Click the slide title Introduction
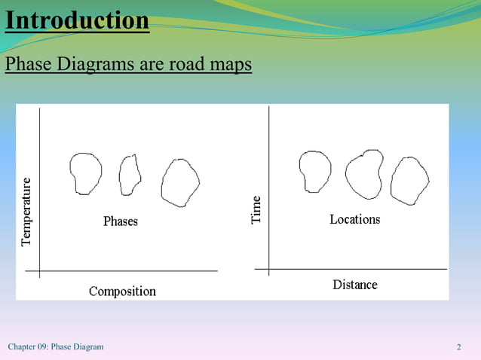click(x=77, y=20)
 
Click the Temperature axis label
click(x=27, y=212)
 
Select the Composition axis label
click(x=122, y=291)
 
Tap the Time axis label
click(x=257, y=209)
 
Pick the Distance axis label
click(x=354, y=285)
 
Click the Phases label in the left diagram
click(x=121, y=221)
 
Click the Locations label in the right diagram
click(x=354, y=219)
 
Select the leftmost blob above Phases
click(x=85, y=173)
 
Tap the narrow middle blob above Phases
click(x=130, y=175)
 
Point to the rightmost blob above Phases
click(x=180, y=183)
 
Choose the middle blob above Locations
click(x=364, y=175)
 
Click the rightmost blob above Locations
click(x=409, y=181)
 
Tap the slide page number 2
click(x=458, y=346)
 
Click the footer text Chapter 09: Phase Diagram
click(x=56, y=346)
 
